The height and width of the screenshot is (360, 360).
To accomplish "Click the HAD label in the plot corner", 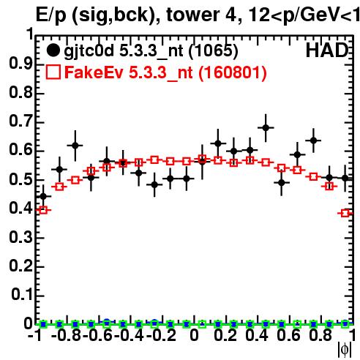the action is point(327,50).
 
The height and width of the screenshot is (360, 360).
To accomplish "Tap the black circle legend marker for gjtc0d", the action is point(53,50).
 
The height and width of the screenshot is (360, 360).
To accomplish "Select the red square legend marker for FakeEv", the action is point(53,72).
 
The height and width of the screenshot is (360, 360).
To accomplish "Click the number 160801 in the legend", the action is point(232,72).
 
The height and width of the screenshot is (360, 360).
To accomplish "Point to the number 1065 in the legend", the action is point(213,51).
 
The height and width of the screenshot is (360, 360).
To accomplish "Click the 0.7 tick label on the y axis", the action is point(20,121).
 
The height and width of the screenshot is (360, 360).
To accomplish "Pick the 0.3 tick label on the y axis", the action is point(20,237).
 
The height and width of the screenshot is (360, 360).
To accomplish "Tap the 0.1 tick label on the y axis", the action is point(21,295).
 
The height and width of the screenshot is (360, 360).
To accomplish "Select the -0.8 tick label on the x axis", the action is point(67,335).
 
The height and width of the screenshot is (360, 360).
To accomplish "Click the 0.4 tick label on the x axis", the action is point(257,335).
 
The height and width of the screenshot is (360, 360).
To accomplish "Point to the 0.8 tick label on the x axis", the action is point(320,335).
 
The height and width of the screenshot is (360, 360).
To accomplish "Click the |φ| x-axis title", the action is point(345,350).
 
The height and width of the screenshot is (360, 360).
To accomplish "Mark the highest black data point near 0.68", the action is point(266,127).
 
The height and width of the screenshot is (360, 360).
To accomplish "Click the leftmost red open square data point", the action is point(43,210).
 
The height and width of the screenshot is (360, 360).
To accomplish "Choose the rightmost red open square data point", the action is point(345,214).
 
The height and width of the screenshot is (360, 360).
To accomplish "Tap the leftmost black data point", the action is point(43,196).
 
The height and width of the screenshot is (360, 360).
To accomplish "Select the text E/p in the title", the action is point(50,15).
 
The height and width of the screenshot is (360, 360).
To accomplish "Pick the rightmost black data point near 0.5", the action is point(345,179).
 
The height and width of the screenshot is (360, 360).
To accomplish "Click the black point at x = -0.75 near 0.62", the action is point(75,146).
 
